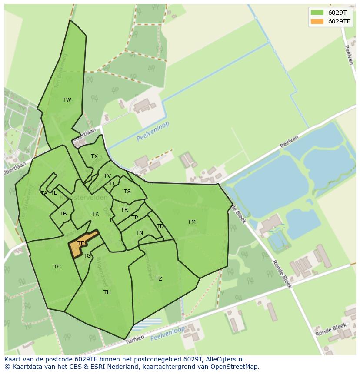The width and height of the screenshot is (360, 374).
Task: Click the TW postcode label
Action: [x=67, y=100]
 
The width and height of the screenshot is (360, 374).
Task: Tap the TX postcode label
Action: [x=94, y=156]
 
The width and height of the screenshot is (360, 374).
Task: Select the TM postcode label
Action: [x=192, y=222]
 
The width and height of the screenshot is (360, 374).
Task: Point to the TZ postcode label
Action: [x=159, y=279]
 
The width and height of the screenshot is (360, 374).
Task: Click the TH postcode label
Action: [x=107, y=292]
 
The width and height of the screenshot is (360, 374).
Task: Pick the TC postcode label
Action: [x=57, y=267]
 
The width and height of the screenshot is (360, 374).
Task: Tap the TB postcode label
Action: [x=63, y=214]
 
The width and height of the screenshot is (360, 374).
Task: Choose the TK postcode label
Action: [x=95, y=214]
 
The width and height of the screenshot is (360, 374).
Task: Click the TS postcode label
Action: [x=127, y=192]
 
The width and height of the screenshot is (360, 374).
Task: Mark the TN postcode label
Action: [x=139, y=233]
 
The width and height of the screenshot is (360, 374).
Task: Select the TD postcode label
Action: [x=160, y=226]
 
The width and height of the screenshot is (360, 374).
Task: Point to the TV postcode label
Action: [x=107, y=176]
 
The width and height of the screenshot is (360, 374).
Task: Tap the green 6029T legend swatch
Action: [x=317, y=13]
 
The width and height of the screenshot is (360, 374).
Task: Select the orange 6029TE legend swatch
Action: [x=317, y=21]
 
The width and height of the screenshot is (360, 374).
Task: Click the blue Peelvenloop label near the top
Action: [x=153, y=132]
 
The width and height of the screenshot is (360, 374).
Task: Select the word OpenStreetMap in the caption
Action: [x=237, y=367]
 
